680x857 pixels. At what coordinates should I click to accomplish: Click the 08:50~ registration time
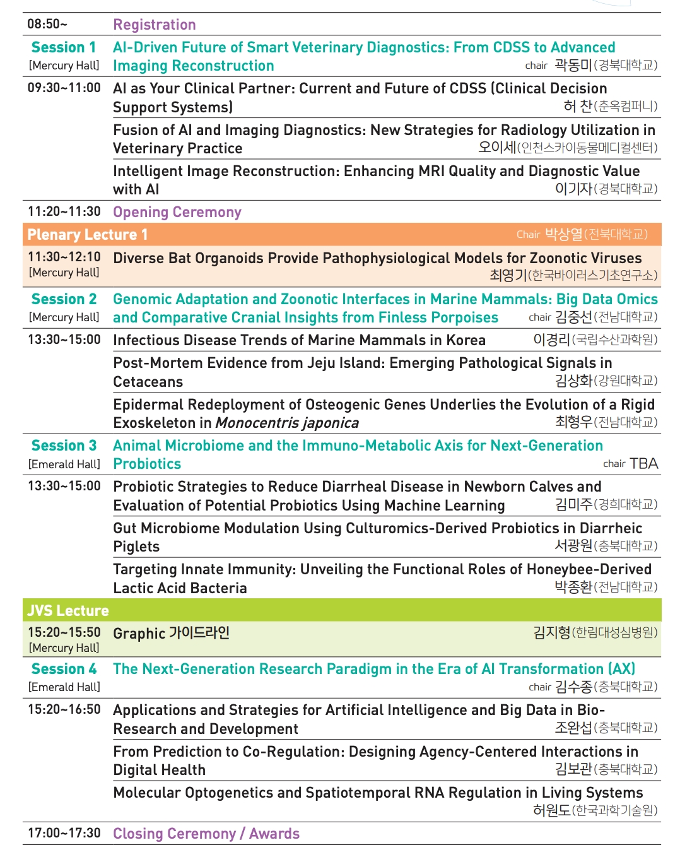pos(47,24)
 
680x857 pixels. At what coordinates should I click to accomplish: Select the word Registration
pos(155,25)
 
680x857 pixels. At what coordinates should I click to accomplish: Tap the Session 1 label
pos(64,47)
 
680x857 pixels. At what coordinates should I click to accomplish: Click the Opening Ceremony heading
pos(177,212)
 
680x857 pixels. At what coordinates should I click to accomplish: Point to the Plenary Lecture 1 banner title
pos(88,235)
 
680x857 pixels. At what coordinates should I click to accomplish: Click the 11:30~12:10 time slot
pos(64,257)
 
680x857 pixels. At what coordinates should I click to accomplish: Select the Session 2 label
pos(64,299)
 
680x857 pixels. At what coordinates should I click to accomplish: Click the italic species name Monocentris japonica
pos(287,423)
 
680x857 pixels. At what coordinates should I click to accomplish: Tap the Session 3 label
pos(64,446)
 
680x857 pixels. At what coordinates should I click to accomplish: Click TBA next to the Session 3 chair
pos(643,464)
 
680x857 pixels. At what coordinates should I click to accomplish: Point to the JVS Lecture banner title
pos(68,611)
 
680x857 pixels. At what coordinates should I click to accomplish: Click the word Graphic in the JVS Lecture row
pos(139,633)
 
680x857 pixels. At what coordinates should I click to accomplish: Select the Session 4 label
pos(64,669)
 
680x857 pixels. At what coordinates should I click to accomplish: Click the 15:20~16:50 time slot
pos(64,709)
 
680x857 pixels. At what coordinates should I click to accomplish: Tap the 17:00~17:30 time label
pos(64,833)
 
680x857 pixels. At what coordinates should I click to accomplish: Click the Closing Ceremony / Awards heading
pos(206,834)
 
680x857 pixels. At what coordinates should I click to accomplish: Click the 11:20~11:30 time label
pos(64,211)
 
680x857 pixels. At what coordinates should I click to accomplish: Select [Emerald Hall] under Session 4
pos(64,687)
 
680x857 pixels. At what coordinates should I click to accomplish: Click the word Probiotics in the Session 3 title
pos(147,464)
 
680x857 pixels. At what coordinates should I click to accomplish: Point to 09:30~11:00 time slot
pos(64,88)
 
